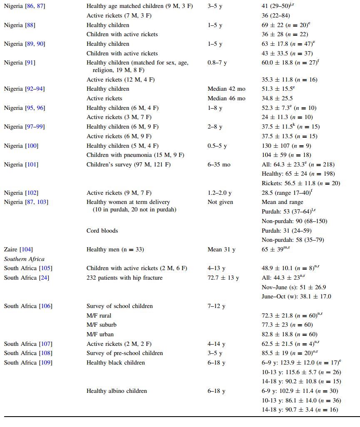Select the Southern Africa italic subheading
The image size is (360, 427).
24,259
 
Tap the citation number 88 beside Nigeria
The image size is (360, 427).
30,25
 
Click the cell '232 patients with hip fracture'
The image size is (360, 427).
124,278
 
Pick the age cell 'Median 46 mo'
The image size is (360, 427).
226,99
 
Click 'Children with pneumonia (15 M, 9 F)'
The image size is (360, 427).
135,155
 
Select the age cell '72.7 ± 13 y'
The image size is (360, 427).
223,278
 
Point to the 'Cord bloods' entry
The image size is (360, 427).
102,231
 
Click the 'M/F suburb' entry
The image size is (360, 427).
102,325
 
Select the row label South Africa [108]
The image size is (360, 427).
26,353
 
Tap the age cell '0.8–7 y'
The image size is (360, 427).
217,62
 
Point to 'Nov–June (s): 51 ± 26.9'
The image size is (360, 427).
294,287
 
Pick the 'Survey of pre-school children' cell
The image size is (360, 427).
125,353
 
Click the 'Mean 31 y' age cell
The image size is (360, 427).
221,250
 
